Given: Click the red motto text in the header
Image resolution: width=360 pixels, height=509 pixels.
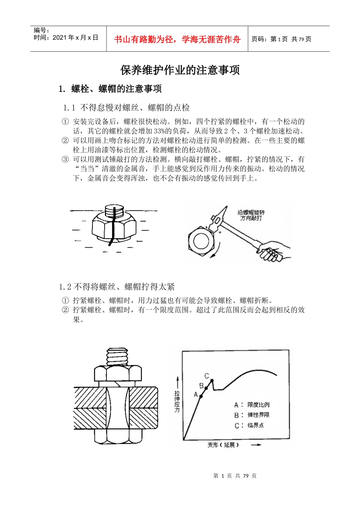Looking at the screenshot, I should point(177,39).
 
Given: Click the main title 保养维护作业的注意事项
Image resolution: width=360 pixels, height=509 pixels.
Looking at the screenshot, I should point(180,70).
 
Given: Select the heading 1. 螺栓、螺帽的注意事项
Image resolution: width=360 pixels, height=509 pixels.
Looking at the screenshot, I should point(110,89).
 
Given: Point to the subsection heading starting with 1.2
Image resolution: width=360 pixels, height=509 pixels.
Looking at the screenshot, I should point(117,287).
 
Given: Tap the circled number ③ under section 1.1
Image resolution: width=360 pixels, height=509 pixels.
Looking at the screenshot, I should point(65,159).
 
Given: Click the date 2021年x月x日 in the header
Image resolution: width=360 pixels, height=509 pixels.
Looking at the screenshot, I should point(75,37).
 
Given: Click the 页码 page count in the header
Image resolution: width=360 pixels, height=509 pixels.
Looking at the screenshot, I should point(281,39).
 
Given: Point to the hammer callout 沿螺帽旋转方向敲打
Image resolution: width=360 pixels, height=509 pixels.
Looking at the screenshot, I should point(251,215).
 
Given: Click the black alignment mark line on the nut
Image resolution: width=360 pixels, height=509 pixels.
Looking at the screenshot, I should point(112,227).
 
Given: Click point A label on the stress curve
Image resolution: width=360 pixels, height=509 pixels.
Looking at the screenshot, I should point(196,395).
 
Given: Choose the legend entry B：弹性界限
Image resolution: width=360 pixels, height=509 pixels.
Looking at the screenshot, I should point(252,415).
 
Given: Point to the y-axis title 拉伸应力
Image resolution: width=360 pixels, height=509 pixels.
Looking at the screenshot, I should point(177,401).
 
